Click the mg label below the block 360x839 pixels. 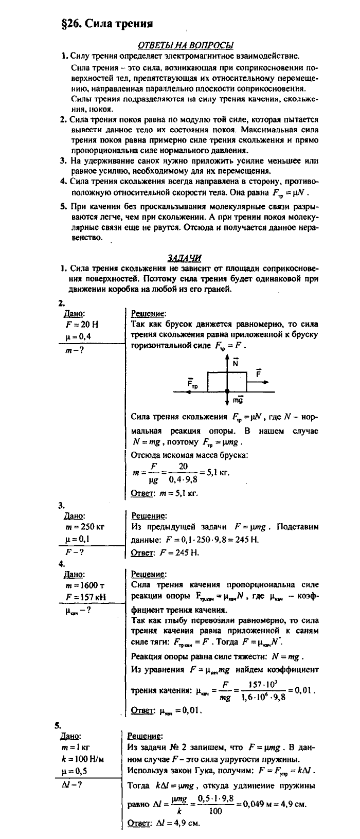pyautogui.click(x=238, y=400)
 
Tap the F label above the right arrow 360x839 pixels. pyautogui.click(x=258, y=372)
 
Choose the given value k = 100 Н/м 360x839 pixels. pyautogui.click(x=84, y=759)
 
